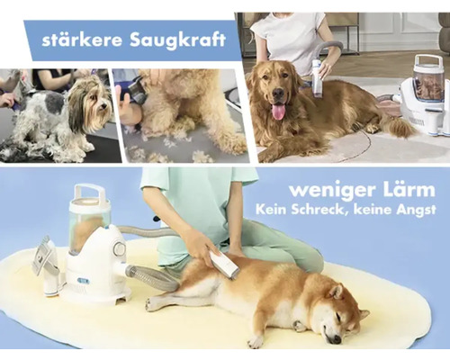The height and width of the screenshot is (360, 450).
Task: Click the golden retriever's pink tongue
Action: (x=278, y=110)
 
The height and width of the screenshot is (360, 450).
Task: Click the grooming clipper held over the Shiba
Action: (x=224, y=264)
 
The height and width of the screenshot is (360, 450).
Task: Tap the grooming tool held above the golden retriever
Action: (x=317, y=76)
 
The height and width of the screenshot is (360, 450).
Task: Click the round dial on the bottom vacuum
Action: (x=119, y=248)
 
